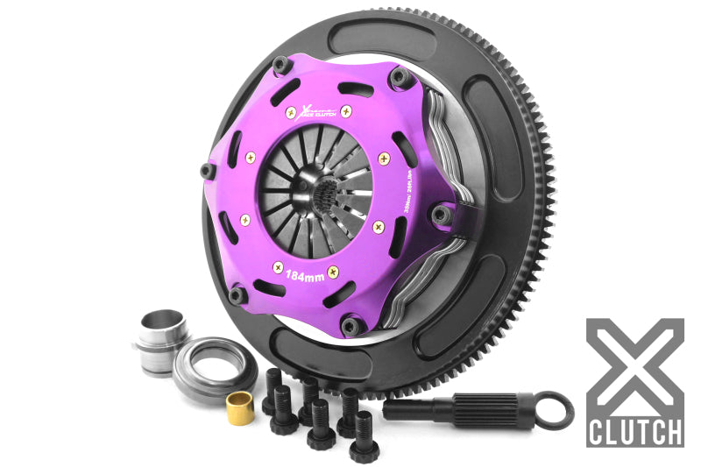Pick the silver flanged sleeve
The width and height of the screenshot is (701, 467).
(x=162, y=338)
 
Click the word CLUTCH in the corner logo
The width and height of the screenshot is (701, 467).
(x=635, y=431)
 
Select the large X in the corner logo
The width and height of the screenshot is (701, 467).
(x=634, y=364)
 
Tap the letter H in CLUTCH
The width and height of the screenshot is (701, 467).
(x=674, y=431)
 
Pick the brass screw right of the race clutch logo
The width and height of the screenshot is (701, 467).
(x=346, y=110)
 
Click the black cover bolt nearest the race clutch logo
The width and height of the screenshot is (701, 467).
(x=280, y=63)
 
